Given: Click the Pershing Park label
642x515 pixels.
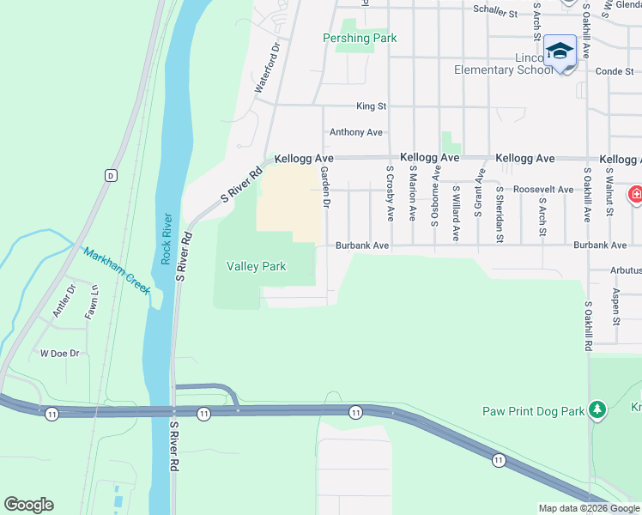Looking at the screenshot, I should point(360,39).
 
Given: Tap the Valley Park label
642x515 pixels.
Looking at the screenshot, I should point(256,266).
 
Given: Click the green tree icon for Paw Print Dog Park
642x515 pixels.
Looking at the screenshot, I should point(597,411).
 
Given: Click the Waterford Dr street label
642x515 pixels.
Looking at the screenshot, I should point(268,69).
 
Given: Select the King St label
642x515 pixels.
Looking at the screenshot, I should point(372,106).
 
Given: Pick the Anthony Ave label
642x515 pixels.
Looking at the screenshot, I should point(356,132).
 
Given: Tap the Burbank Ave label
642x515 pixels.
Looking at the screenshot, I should point(362,245).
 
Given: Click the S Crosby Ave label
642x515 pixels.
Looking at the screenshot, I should point(391,193).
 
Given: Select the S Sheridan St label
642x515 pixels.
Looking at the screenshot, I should point(500,211).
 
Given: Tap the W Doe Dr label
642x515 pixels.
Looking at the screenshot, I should point(59,353).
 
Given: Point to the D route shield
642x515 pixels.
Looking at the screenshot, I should point(111,175).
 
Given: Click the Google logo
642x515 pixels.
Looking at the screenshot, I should point(28,505).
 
